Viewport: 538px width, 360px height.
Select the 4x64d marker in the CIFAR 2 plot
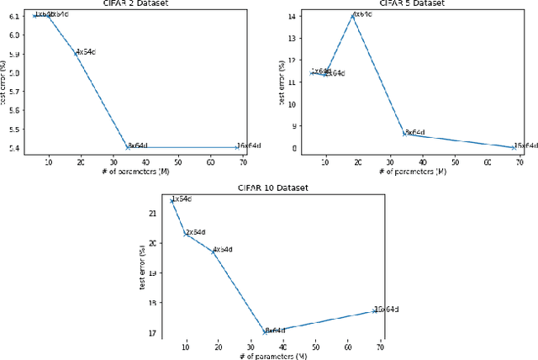click(x=75, y=52)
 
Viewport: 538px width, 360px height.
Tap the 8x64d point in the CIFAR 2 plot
click(x=127, y=147)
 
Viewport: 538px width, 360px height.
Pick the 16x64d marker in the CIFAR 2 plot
click(x=238, y=147)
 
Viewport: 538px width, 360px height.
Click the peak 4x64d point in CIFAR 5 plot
click(x=353, y=15)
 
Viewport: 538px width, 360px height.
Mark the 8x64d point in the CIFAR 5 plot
click(x=404, y=133)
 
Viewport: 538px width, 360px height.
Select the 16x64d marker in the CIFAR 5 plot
click(x=514, y=147)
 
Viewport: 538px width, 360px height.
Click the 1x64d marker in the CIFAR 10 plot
click(x=172, y=200)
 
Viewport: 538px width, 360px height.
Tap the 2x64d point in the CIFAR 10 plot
click(x=186, y=233)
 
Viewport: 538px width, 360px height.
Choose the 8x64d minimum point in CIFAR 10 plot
click(x=265, y=331)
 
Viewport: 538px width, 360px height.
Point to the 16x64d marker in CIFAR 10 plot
click(x=374, y=310)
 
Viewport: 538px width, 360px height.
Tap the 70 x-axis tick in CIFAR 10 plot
click(x=380, y=345)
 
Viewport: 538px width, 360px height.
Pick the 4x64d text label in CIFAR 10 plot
click(x=223, y=250)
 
